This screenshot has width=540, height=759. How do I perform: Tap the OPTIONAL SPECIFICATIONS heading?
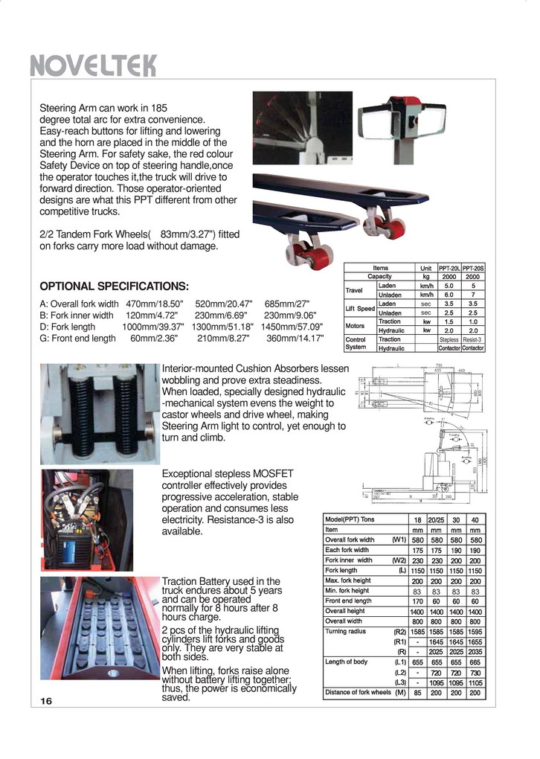tap(114, 286)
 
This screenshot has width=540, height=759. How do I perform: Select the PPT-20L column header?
tap(449, 268)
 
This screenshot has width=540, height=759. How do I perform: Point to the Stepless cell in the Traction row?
tap(449, 339)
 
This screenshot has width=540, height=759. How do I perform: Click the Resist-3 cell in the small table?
tap(473, 339)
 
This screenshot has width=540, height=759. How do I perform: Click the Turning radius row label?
tap(343, 632)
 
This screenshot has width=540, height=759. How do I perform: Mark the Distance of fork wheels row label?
tap(358, 693)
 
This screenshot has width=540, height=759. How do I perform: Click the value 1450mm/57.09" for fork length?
tap(292, 327)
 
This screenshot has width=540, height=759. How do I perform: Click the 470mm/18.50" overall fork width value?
tap(154, 304)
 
